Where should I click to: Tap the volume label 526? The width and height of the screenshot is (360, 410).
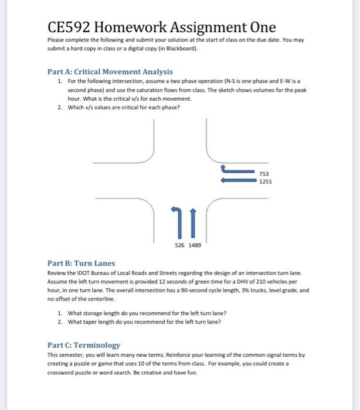click(x=179, y=246)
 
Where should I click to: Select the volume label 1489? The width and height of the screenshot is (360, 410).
click(x=195, y=246)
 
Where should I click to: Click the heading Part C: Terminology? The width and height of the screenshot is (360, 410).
click(x=83, y=346)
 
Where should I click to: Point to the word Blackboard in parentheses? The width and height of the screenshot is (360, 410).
click(x=181, y=49)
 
